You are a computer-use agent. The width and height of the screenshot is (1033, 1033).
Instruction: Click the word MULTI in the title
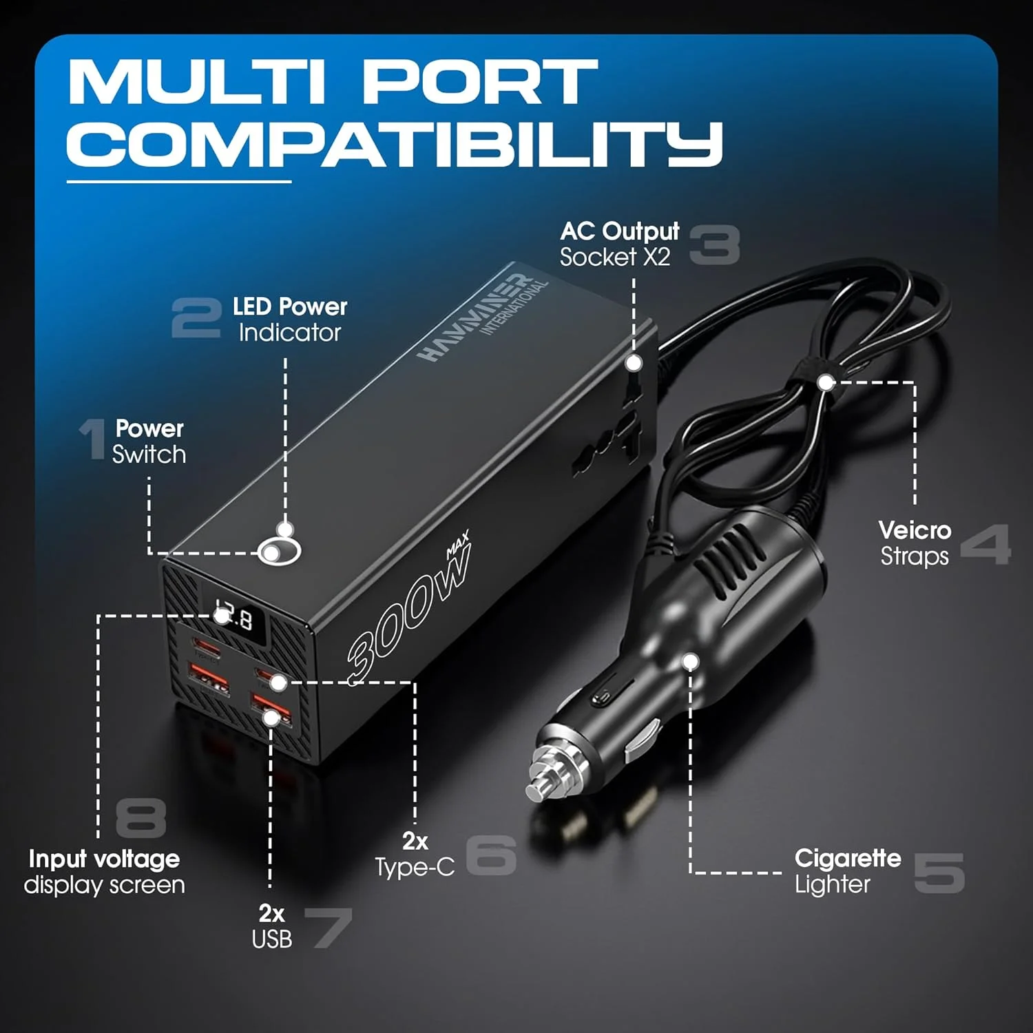click(196, 83)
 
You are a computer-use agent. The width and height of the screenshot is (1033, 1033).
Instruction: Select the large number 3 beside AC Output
click(714, 245)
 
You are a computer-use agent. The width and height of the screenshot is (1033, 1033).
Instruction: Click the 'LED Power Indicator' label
click(289, 320)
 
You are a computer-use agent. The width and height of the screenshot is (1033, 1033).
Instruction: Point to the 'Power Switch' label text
click(149, 441)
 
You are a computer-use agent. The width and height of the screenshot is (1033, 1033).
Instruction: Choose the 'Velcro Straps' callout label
click(915, 543)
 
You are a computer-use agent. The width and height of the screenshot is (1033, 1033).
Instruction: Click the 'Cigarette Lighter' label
click(847, 871)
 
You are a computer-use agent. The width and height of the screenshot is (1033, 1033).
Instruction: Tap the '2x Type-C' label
click(415, 854)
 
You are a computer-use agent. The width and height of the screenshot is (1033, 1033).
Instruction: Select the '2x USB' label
click(272, 926)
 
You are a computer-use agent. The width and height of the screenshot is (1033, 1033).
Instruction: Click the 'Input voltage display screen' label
click(104, 872)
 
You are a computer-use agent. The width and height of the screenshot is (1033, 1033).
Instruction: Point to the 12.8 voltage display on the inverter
click(235, 616)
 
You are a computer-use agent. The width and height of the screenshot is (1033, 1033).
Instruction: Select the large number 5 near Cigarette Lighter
click(939, 873)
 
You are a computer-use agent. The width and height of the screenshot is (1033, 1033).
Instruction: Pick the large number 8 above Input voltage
click(140, 818)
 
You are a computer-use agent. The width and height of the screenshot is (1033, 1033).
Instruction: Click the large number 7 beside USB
click(328, 927)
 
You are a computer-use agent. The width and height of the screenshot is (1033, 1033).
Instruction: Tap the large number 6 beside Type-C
click(491, 855)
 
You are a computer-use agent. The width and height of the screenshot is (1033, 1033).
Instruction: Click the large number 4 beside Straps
click(985, 544)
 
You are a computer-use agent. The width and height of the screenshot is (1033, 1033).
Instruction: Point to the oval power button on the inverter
click(279, 551)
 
